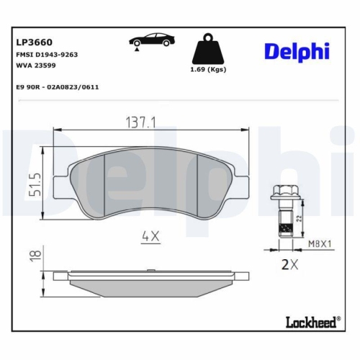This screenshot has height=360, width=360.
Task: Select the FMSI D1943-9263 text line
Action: click(46, 54)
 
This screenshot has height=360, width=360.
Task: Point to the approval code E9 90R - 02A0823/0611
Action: click(57, 86)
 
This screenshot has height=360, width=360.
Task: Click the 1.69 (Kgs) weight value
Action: click(208, 70)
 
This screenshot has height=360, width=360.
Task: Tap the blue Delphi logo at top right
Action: click(297, 50)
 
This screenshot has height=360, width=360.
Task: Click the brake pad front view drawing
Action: click(151, 184)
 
